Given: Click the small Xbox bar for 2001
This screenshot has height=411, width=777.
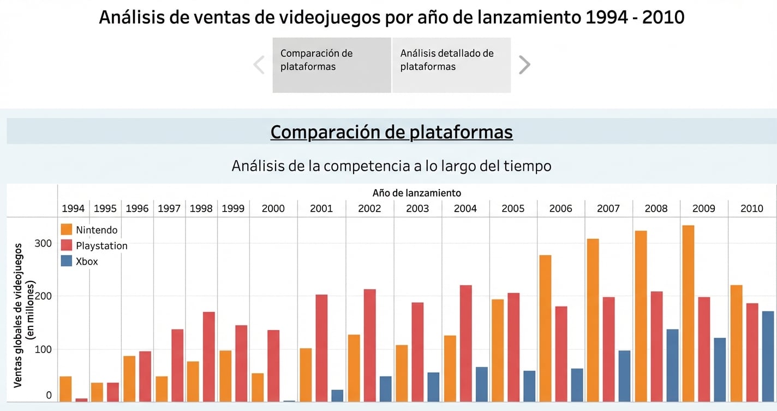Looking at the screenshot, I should (337, 396).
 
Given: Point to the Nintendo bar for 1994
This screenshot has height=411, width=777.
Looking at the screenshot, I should (65, 389).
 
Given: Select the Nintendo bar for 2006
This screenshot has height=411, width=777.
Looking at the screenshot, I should (545, 328).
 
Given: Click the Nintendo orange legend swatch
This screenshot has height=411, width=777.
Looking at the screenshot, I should (67, 230).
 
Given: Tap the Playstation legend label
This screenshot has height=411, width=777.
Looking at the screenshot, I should (101, 246).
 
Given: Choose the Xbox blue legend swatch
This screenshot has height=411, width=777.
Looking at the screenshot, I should (67, 261).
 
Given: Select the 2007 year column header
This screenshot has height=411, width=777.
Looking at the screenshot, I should (608, 208).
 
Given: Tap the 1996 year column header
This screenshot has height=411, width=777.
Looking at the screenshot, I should (137, 208).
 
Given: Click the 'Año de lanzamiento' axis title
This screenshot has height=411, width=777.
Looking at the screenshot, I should (417, 193).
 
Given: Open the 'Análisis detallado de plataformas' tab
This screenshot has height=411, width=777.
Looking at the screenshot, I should (451, 65).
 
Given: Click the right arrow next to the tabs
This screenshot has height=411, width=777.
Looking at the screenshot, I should (524, 65).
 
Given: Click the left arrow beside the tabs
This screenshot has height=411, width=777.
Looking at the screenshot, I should (259, 65).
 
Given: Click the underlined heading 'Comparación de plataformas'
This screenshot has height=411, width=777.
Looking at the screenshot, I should (391, 132).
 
